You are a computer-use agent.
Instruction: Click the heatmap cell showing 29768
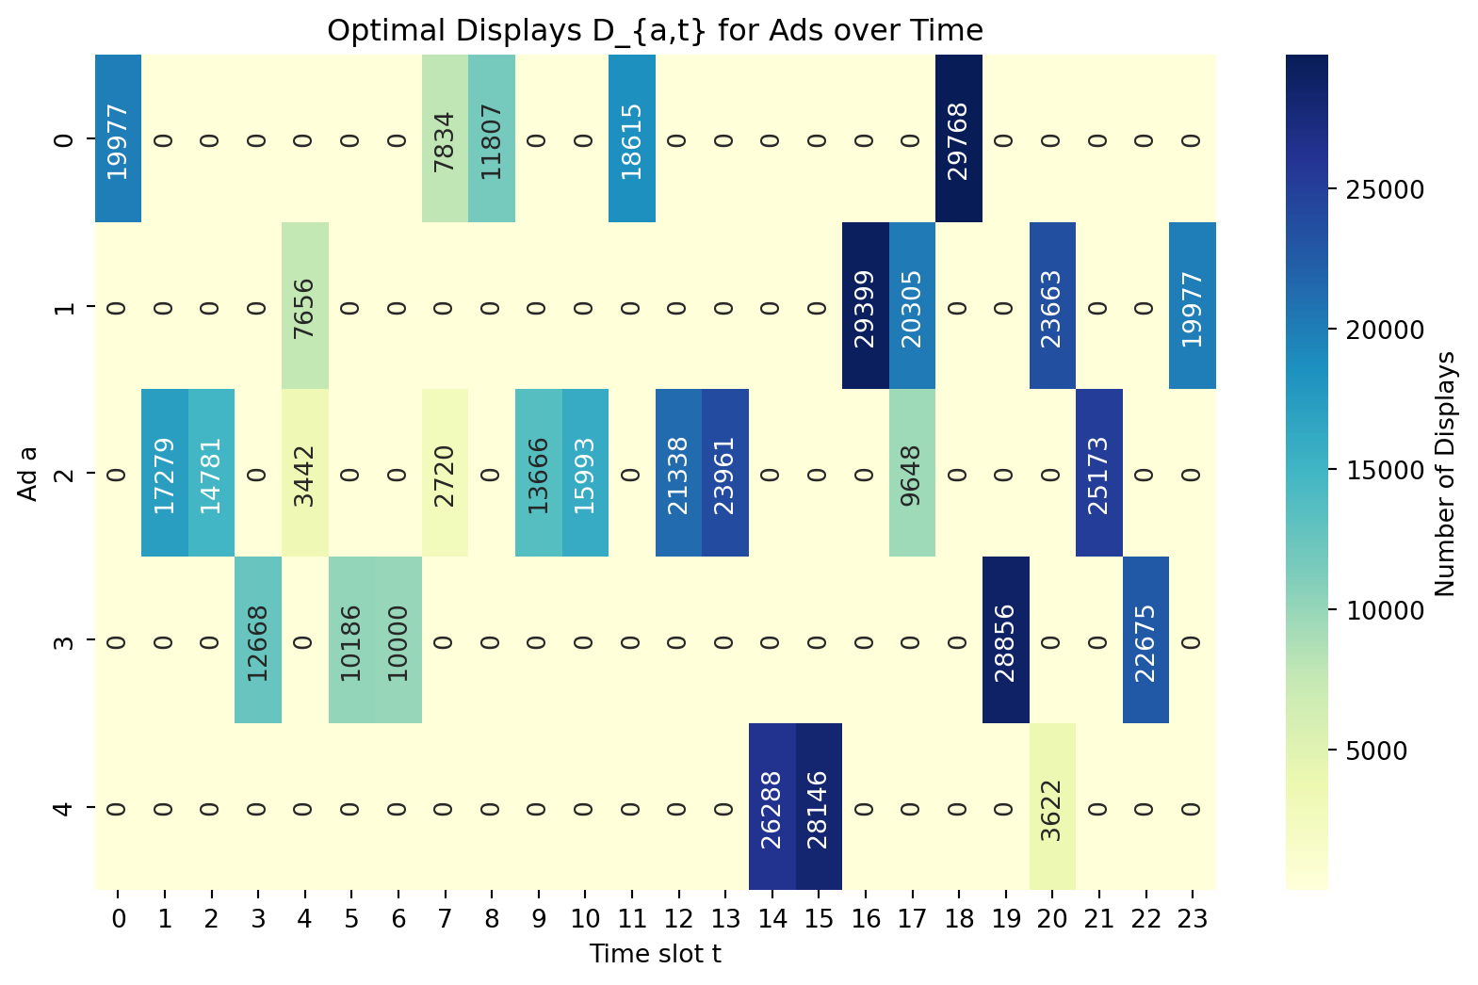pyautogui.click(x=959, y=139)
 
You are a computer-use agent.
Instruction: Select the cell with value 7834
pyautogui.click(x=445, y=139)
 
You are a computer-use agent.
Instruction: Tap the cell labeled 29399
pyautogui.click(x=865, y=306)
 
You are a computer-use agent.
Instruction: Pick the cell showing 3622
pyautogui.click(x=1051, y=807)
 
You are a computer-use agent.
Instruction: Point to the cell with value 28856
pyautogui.click(x=1005, y=640)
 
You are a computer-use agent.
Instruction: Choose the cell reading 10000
pyautogui.click(x=398, y=640)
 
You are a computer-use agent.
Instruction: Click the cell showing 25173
pyautogui.click(x=1098, y=473)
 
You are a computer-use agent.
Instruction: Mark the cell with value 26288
pyautogui.click(x=771, y=807)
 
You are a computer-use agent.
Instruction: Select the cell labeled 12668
pyautogui.click(x=257, y=640)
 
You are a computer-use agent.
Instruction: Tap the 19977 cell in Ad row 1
pyautogui.click(x=1192, y=306)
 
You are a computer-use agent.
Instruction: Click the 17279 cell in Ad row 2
pyautogui.click(x=164, y=473)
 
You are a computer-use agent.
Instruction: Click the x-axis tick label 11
pyautogui.click(x=631, y=919)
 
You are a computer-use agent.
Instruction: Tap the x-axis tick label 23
pyautogui.click(x=1192, y=919)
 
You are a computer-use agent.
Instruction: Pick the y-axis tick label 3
pyautogui.click(x=63, y=640)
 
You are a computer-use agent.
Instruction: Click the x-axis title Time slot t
pyautogui.click(x=655, y=954)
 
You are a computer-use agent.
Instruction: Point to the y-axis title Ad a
pyautogui.click(x=27, y=473)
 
